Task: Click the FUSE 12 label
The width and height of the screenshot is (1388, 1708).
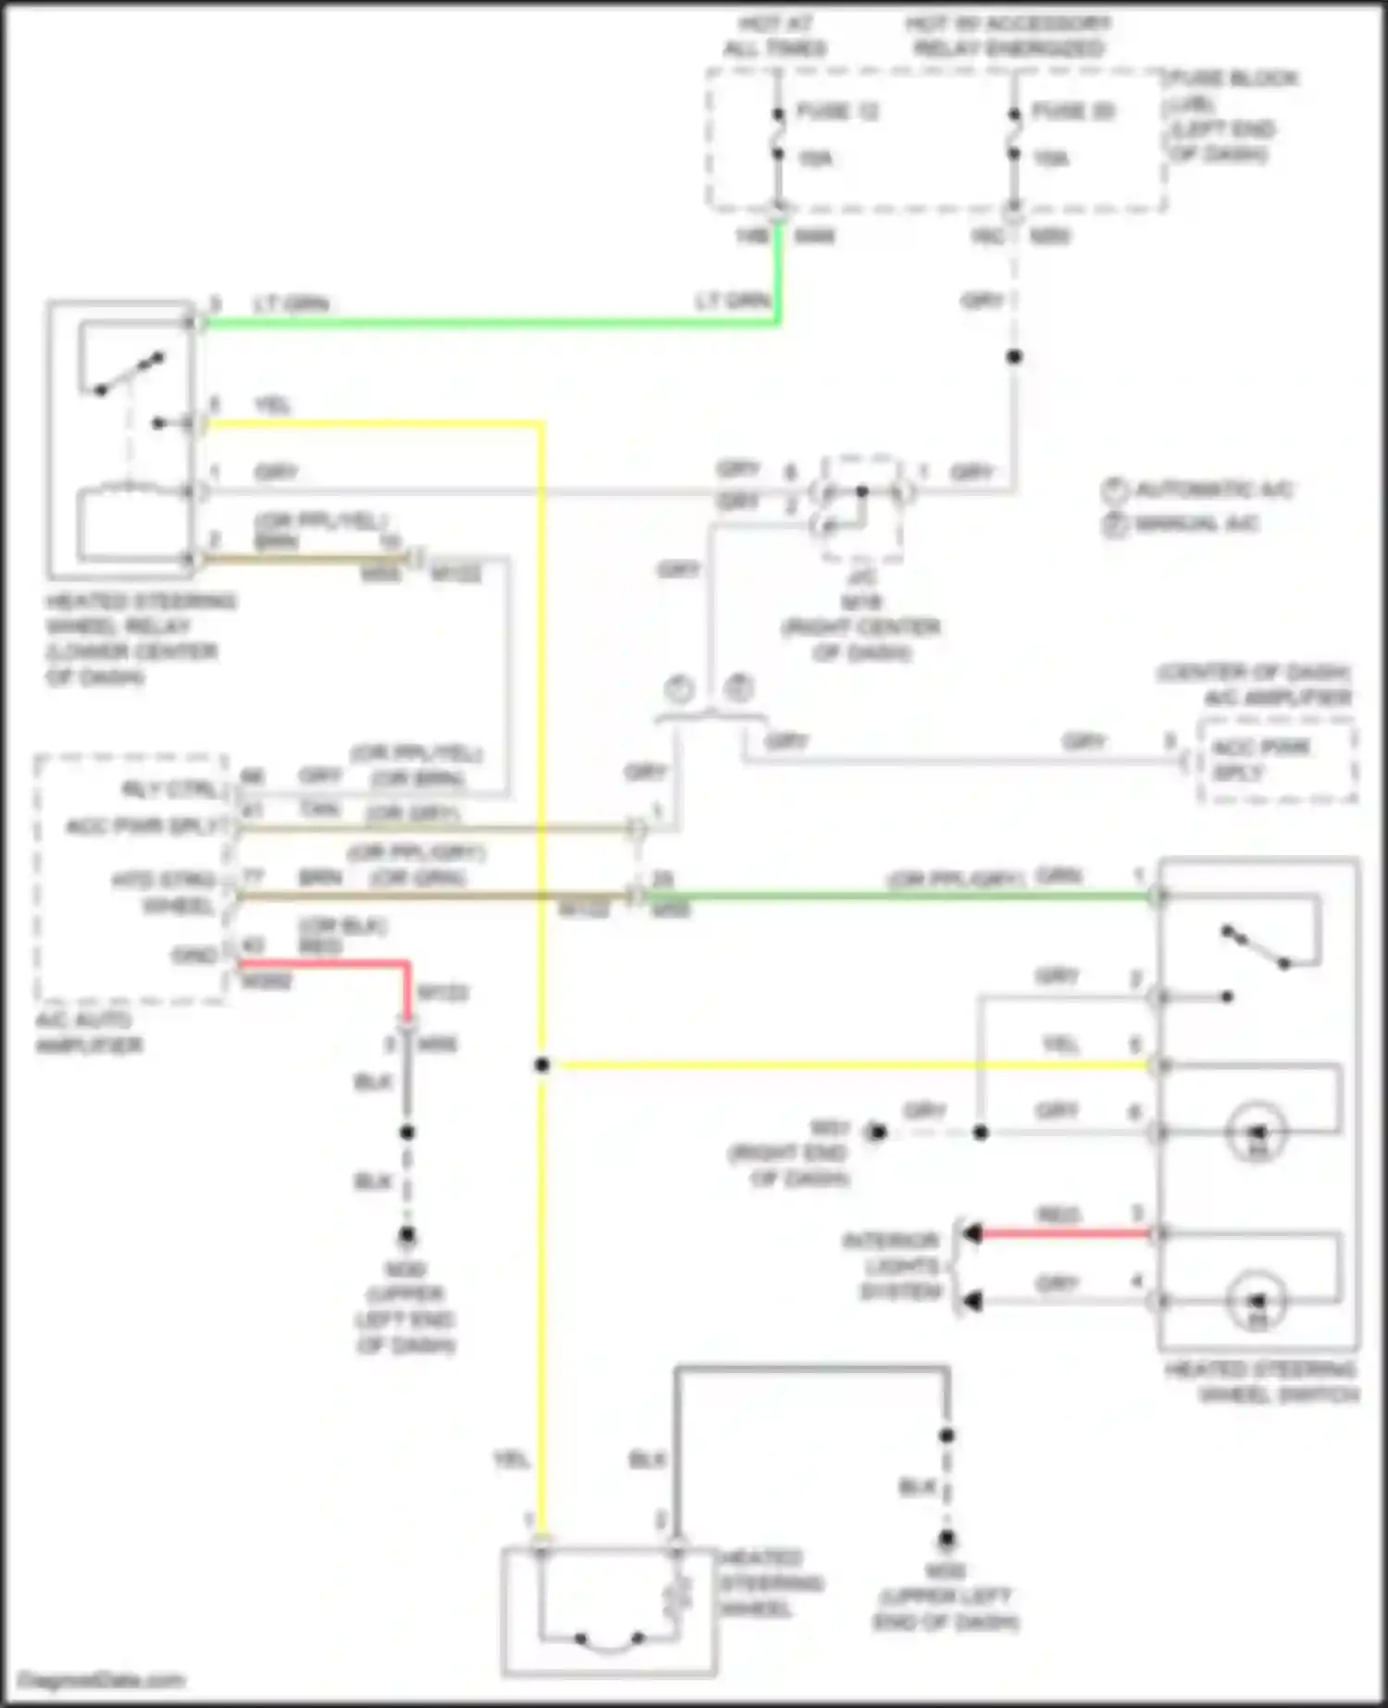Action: pos(837,112)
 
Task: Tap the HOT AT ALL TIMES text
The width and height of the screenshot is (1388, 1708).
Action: pos(775,36)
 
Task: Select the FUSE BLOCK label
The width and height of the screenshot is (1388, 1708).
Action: pos(1233,79)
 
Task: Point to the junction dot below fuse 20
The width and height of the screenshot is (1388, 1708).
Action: pos(1014,356)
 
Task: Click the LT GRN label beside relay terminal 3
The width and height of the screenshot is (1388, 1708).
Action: pos(291,304)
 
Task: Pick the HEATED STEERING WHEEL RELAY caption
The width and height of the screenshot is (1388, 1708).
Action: pos(139,638)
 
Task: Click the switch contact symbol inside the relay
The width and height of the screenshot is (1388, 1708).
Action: pos(130,374)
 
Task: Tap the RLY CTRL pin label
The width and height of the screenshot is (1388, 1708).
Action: pos(171,789)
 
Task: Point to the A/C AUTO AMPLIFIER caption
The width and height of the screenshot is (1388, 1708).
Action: pos(88,1033)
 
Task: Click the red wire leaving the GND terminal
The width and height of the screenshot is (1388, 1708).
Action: pos(324,964)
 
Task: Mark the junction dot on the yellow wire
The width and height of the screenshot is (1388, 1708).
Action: pos(542,1065)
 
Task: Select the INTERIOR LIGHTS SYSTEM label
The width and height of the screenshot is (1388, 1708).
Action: pos(890,1266)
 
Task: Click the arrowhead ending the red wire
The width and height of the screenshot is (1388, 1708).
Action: pos(972,1233)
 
